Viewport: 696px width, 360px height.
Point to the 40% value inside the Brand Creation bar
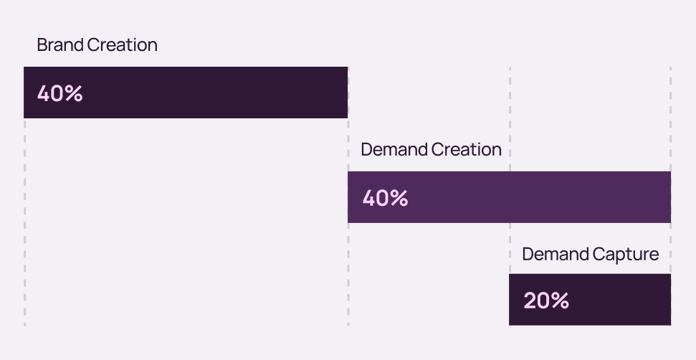tap(60, 93)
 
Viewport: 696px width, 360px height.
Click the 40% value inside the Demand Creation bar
tap(385, 198)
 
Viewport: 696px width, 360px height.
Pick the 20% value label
tap(546, 300)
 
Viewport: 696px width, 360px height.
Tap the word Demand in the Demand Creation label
tap(394, 149)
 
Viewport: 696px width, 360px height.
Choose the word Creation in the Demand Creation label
tap(466, 149)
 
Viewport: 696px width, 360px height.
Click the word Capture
tap(625, 254)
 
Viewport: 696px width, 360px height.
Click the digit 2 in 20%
tap(530, 300)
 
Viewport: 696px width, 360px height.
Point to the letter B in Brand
tap(42, 44)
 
